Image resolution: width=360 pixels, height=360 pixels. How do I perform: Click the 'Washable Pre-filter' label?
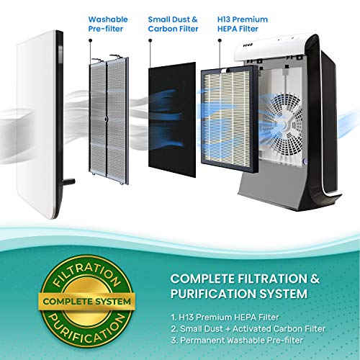pos(108,24)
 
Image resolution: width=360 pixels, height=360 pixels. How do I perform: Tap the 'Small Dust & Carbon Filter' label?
pos(173,24)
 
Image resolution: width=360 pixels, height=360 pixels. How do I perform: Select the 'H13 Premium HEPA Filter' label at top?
pos(243,24)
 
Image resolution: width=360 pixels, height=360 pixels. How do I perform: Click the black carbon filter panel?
pos(172,120)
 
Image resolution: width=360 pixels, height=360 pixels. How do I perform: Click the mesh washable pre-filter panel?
pos(109,120)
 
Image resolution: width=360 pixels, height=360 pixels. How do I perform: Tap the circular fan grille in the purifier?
pos(283,123)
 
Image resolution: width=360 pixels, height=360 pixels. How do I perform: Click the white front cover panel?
pos(40,125)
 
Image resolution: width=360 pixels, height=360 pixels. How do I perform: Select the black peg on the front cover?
pos(69,181)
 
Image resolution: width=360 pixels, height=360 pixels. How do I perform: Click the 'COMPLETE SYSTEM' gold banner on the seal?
pos(87,302)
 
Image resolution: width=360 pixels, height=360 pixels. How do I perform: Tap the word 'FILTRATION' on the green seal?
pos(86,274)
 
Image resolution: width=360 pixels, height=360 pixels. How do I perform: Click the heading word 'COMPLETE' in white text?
pos(202,279)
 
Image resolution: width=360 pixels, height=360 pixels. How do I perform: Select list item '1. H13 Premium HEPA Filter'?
pos(225,318)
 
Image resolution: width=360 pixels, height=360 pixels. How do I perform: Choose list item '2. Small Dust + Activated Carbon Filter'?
pos(248,328)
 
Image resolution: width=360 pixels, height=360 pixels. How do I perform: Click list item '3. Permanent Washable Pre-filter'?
pos(237,340)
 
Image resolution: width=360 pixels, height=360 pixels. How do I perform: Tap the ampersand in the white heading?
pos(315,279)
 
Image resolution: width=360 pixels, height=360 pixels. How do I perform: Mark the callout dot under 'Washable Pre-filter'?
pos(90,40)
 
